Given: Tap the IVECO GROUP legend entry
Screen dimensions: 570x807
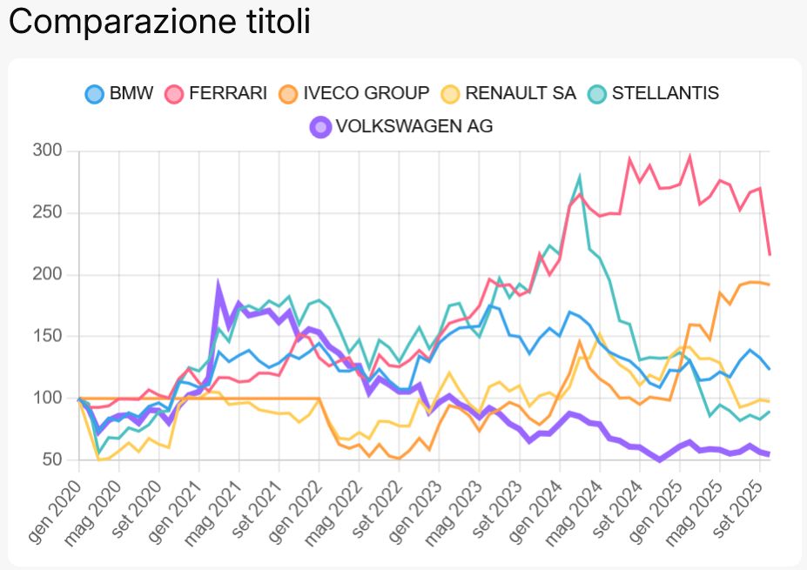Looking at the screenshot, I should [354, 93].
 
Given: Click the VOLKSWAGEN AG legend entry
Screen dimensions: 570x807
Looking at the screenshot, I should [402, 127].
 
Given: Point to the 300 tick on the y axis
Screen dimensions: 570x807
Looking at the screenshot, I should [48, 151].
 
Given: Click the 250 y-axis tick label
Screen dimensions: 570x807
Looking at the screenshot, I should [48, 212].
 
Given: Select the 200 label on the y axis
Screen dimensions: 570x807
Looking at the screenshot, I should [48, 275].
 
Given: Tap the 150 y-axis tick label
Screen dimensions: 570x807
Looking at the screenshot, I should [48, 336].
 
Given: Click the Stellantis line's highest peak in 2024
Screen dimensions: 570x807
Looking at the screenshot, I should [580, 177].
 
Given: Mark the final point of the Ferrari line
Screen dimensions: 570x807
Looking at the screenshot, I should [770, 254].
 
